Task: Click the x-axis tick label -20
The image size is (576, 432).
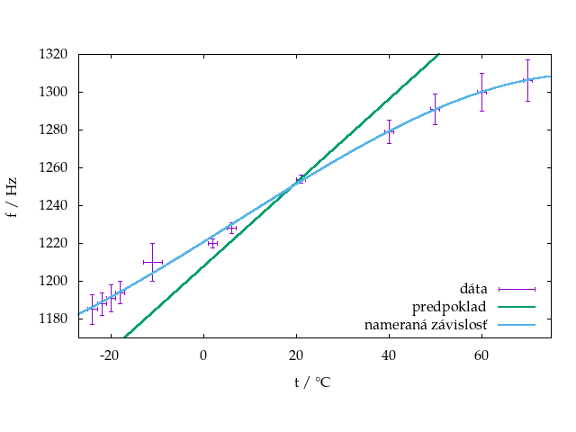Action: pyautogui.click(x=110, y=354)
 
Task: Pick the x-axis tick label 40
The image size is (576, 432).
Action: pyautogui.click(x=389, y=354)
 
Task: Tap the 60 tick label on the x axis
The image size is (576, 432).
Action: pyautogui.click(x=481, y=354)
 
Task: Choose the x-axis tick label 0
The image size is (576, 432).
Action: pyautogui.click(x=203, y=354)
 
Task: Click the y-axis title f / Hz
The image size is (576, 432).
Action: pyautogui.click(x=12, y=195)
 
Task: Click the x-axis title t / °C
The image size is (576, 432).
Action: pyautogui.click(x=311, y=382)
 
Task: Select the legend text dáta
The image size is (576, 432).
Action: pyautogui.click(x=473, y=289)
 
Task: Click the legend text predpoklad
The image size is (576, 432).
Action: pyautogui.click(x=450, y=307)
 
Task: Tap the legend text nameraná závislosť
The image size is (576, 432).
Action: pyautogui.click(x=426, y=325)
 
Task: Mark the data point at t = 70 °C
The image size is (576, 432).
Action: pyautogui.click(x=528, y=80)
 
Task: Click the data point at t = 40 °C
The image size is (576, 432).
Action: pyautogui.click(x=389, y=131)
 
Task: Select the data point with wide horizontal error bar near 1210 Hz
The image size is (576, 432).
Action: pyautogui.click(x=152, y=262)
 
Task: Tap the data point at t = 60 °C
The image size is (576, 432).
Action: pyautogui.click(x=481, y=92)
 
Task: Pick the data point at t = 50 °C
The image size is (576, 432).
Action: pyautogui.click(x=435, y=109)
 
